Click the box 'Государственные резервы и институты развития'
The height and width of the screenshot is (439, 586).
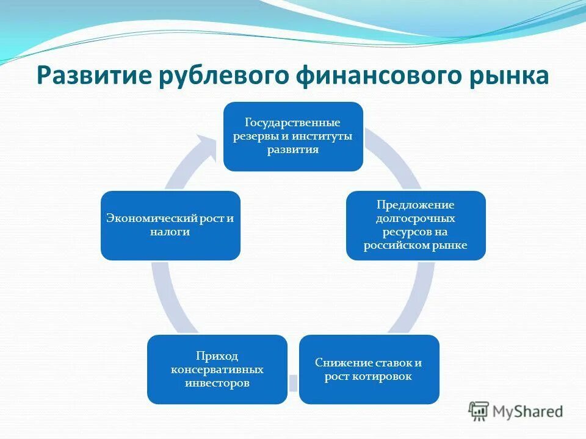[x=292, y=136]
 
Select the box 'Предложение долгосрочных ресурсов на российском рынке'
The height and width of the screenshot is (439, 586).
[x=416, y=225]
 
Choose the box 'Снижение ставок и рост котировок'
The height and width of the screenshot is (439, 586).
[x=369, y=369]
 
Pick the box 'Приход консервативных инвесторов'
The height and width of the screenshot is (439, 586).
[x=217, y=369]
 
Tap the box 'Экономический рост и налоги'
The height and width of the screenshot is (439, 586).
[x=170, y=225]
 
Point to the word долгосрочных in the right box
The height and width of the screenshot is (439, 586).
[x=416, y=218]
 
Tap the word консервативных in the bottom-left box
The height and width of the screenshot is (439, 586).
[x=217, y=369]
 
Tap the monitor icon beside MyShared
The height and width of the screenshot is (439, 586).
[x=479, y=412]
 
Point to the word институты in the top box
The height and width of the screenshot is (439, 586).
[x=327, y=136]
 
